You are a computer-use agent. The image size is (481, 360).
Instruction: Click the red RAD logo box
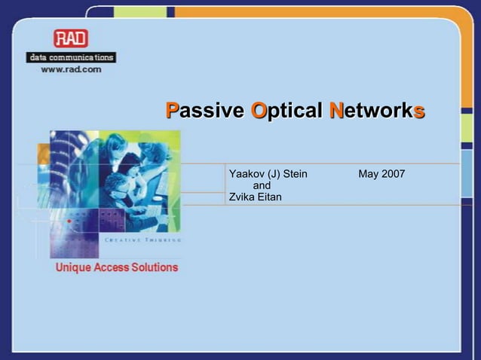[70, 39]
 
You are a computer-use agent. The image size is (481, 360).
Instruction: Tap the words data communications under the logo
[71, 57]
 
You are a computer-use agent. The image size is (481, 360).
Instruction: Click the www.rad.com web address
[71, 69]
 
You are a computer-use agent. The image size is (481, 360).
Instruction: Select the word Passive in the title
[205, 111]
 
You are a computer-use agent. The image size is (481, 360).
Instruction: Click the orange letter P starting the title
[171, 111]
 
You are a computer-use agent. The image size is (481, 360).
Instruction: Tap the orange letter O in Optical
[258, 111]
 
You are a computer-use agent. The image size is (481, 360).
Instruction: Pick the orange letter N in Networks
[336, 111]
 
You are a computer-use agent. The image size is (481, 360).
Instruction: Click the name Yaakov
[246, 175]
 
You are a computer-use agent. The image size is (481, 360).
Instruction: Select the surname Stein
[294, 175]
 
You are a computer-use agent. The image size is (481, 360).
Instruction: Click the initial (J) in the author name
[272, 175]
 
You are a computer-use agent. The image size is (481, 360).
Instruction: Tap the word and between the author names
[262, 186]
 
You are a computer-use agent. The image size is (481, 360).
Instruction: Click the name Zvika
[242, 197]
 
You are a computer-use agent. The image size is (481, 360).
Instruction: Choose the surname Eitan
[269, 197]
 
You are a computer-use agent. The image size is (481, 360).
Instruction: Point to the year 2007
[393, 175]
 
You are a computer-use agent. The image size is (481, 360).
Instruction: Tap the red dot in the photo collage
[69, 221]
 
